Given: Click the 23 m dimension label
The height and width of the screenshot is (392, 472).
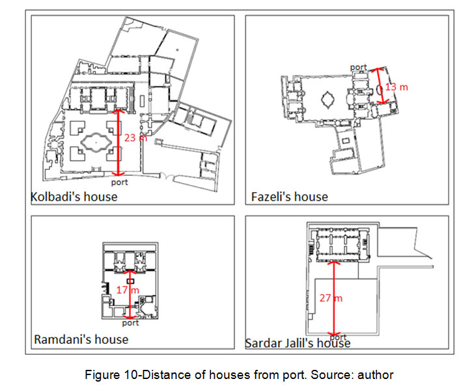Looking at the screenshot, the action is coord(135,138).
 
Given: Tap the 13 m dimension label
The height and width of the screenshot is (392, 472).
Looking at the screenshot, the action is coord(396,87).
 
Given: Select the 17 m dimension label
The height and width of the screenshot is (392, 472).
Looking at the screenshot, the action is coord(128,290).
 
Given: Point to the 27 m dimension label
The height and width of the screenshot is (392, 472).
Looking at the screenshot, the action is coord(331,298).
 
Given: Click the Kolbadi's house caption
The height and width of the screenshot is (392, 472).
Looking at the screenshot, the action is coord(74,197).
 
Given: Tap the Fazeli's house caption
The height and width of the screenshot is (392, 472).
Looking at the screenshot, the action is coord(289,197).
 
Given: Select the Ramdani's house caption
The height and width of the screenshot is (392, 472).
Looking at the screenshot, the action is coord(81,339).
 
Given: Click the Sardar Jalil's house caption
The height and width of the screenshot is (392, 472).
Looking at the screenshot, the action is coord(298,343).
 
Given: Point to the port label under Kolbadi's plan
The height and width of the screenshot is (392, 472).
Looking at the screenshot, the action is coord(120,182).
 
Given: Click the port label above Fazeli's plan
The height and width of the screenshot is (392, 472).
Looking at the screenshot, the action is coord(359,67).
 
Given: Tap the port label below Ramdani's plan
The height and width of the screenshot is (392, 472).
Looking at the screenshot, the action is coord(130,323).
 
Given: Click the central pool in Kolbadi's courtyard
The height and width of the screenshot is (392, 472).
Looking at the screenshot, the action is coord(96,142).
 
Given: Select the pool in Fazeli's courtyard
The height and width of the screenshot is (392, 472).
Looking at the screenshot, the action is coord(327,100).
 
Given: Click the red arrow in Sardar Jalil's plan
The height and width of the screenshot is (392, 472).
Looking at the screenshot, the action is coord(333,298).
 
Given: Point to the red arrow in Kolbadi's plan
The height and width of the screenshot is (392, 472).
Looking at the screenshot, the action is coord(118,143).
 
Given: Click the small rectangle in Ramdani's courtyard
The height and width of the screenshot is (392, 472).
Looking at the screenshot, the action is coord(130,281).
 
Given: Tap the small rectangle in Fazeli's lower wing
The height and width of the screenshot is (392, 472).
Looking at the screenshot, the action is coord(346,141).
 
